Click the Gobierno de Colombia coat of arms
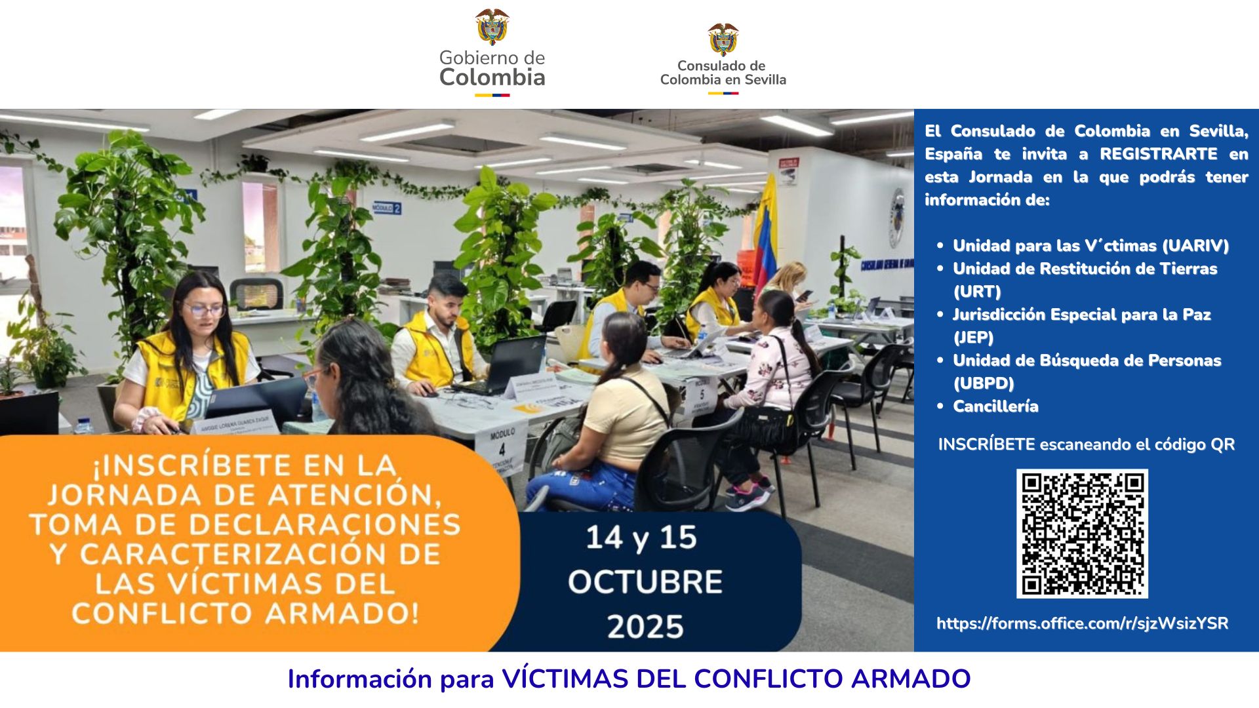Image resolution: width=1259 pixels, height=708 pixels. point(492,27)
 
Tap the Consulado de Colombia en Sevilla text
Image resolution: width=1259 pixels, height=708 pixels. point(723,73)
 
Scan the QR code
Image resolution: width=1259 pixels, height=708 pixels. point(1082,533)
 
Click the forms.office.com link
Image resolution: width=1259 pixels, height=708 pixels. point(1082,623)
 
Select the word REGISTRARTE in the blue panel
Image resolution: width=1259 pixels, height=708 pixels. point(1159,154)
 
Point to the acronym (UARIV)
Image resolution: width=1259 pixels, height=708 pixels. point(1195,246)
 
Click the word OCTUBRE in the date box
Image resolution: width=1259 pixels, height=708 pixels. point(645,582)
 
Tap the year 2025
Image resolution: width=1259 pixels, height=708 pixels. point(645,627)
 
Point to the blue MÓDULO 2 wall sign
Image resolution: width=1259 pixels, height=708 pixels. point(386,208)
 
